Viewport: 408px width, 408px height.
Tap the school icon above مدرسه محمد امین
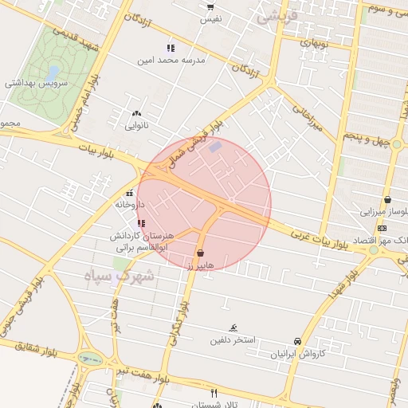tap(170, 49)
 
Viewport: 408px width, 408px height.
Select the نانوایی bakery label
tap(137, 125)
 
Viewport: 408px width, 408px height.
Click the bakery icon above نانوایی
tap(137, 113)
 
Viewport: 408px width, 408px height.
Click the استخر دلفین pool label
tap(232, 340)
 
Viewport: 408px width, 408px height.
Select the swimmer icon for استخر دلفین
tap(233, 328)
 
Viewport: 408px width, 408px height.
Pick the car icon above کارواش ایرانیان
tap(297, 341)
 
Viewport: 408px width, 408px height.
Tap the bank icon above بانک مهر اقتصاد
tap(382, 228)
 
